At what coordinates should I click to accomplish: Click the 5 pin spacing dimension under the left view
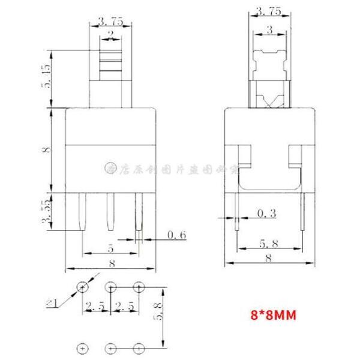(111, 246)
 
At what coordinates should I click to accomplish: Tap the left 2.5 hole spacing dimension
(96, 307)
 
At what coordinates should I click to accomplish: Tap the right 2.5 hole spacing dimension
(125, 307)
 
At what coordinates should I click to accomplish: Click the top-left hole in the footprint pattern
(82, 287)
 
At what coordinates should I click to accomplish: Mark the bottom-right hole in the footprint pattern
(139, 347)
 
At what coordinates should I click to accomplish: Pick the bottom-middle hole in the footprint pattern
(111, 347)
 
